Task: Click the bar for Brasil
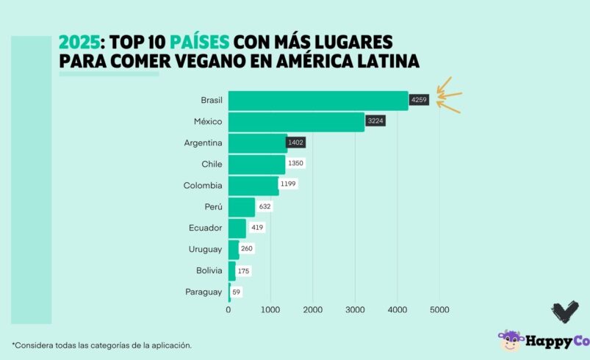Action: (x=317, y=101)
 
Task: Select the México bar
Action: (x=296, y=122)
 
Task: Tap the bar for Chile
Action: (x=256, y=165)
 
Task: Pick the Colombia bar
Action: (x=253, y=185)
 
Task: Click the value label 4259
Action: (x=419, y=100)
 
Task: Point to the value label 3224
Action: (x=375, y=121)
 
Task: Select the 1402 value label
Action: (x=296, y=143)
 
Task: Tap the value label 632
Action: (x=265, y=206)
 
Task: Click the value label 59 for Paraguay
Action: (x=236, y=292)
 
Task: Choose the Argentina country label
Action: (x=203, y=143)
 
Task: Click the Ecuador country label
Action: (x=205, y=228)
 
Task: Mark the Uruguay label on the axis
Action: (x=205, y=249)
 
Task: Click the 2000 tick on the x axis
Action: (x=313, y=310)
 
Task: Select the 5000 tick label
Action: (x=439, y=310)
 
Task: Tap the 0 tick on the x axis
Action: (x=229, y=310)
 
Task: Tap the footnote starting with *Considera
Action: (x=102, y=345)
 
